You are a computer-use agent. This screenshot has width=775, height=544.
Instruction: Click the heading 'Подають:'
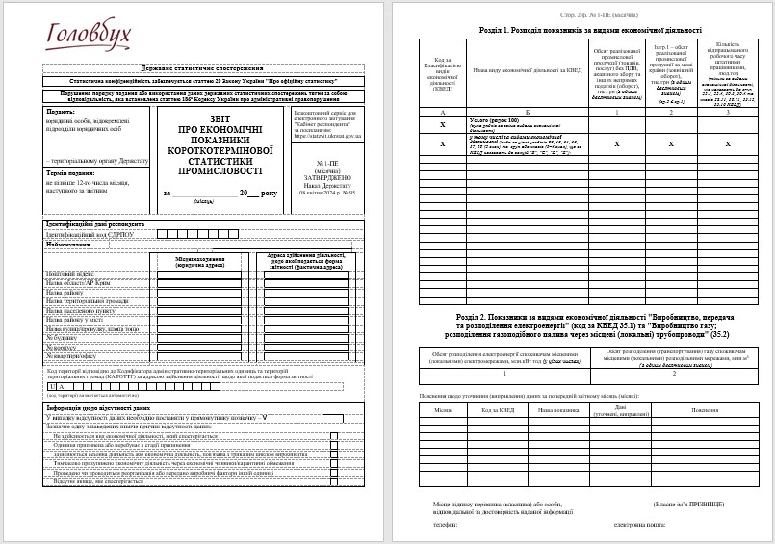coord(61,112)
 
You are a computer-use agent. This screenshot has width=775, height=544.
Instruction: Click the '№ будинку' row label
coord(64,336)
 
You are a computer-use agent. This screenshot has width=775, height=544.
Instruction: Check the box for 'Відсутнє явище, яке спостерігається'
coord(333,482)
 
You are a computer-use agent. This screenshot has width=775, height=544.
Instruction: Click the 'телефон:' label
coord(445,525)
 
